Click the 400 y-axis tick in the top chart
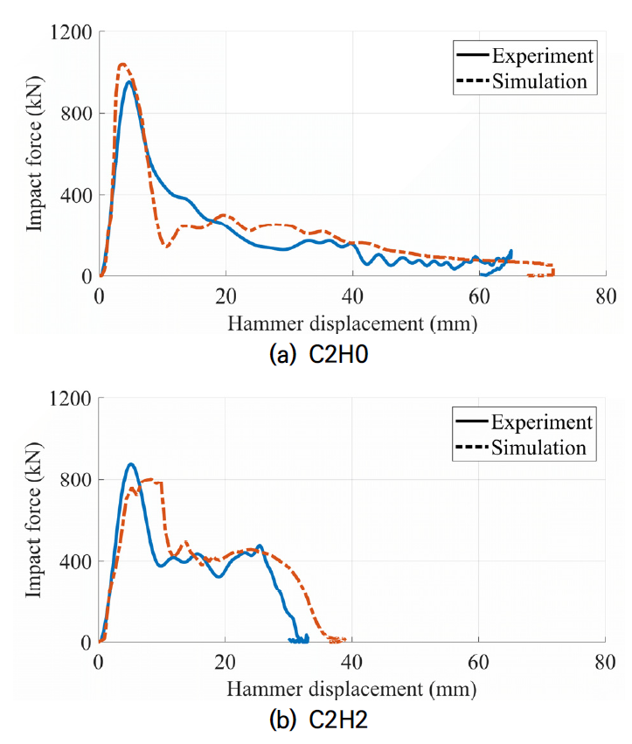pyautogui.click(x=78, y=195)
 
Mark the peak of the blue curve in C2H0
pyautogui.click(x=129, y=81)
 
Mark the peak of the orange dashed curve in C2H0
pyautogui.click(x=122, y=64)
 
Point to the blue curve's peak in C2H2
pyautogui.click(x=131, y=464)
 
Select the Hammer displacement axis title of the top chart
pyautogui.click(x=352, y=323)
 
